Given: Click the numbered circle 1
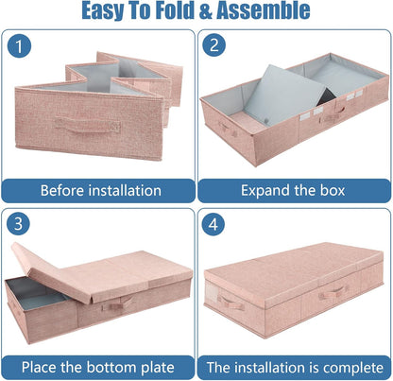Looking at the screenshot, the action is point(19,46).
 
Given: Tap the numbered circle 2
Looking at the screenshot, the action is point(214,44).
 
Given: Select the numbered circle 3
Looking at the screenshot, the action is point(18,223).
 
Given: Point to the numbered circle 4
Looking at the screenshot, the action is point(214,224).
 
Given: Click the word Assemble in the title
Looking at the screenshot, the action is point(264,10).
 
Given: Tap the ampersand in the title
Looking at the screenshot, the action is point(205,10).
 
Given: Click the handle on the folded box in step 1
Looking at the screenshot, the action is point(87,126).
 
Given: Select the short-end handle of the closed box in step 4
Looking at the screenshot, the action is point(231,303).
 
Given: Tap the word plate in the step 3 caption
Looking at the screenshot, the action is point(158,368).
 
